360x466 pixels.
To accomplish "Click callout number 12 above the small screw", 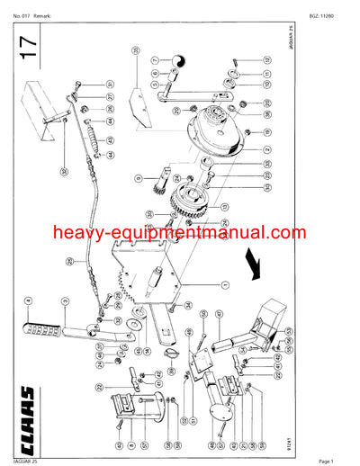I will pyautogui.click(x=267, y=59).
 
